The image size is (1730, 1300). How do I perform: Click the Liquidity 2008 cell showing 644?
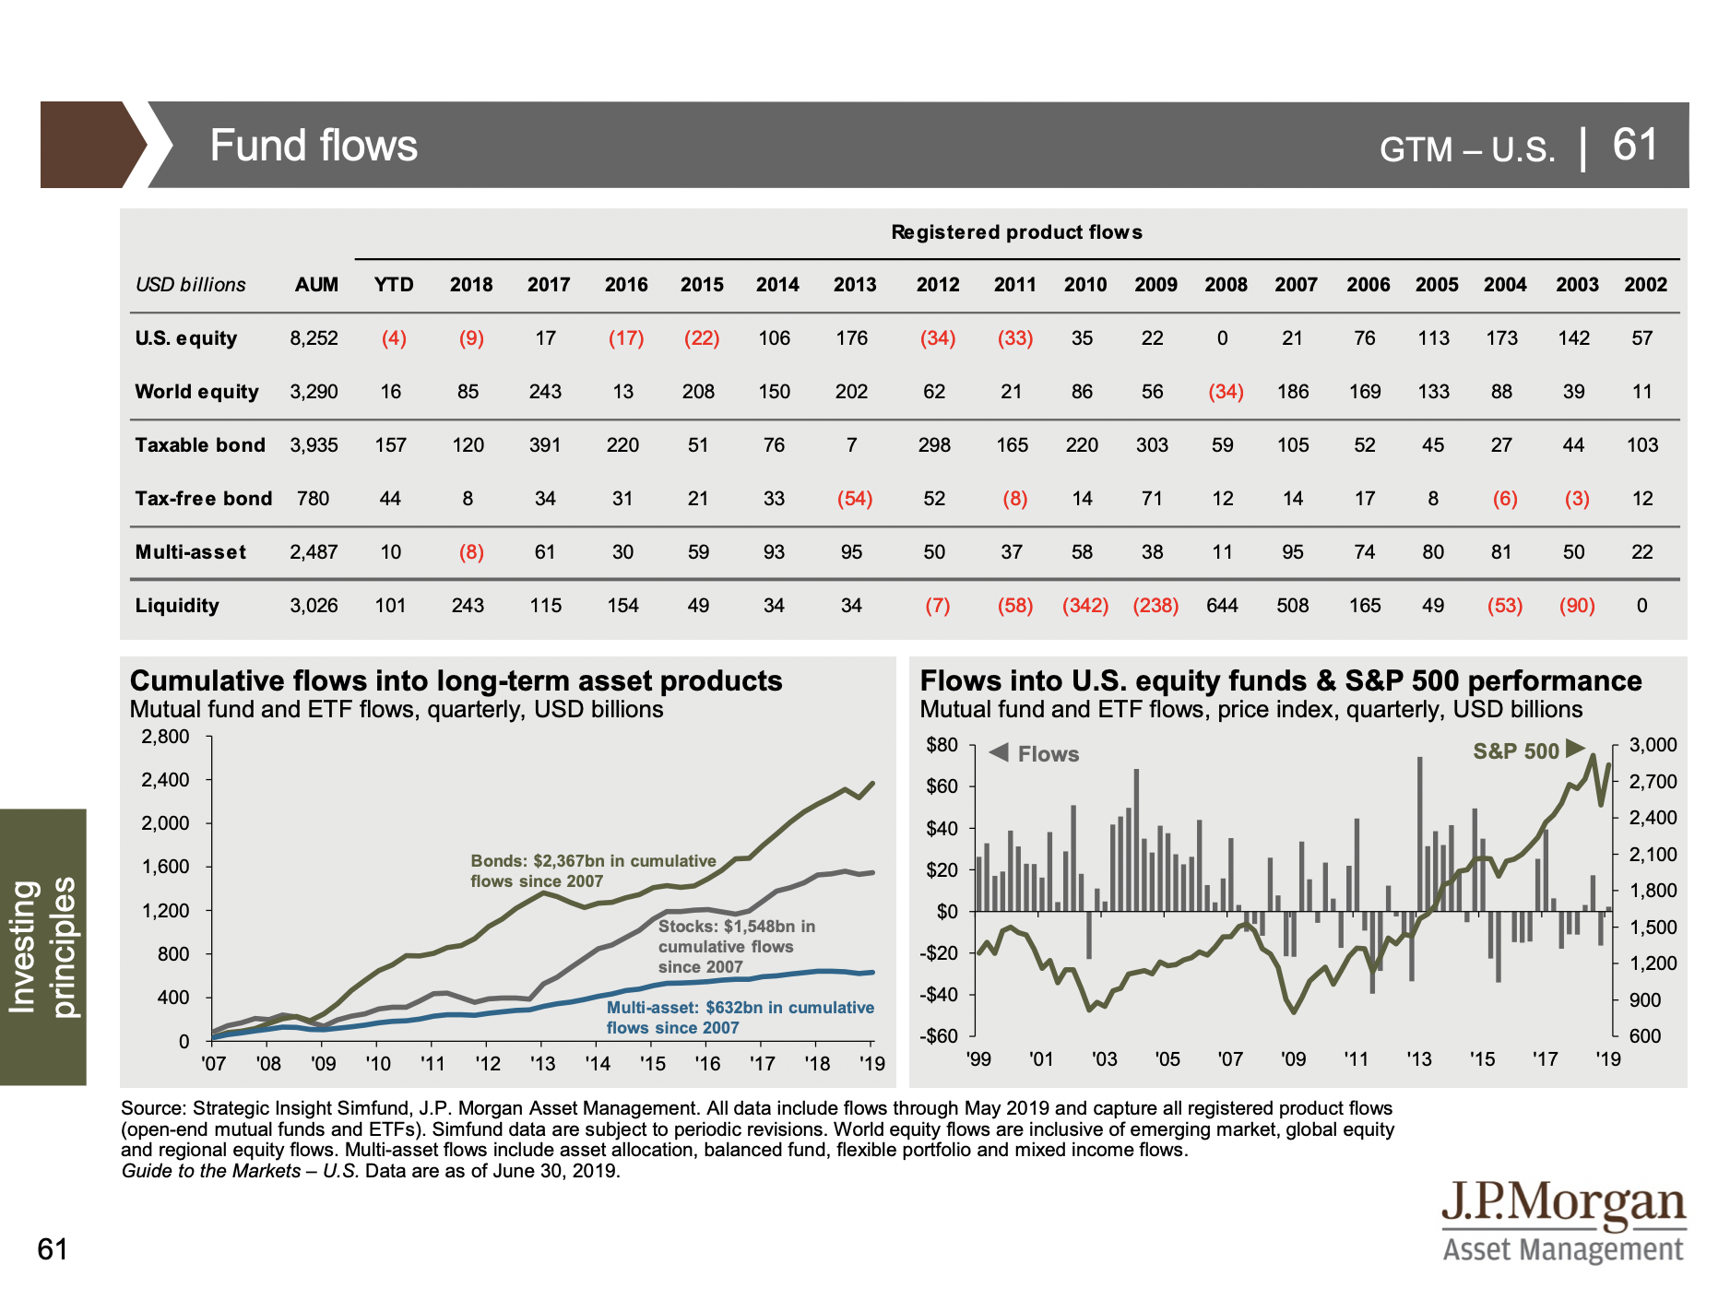point(1222,606)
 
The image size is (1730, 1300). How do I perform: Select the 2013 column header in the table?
point(855,285)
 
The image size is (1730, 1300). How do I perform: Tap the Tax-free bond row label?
point(204,499)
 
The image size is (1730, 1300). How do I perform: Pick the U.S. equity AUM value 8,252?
point(314,338)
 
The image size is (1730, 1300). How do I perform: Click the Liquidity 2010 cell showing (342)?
point(1085,606)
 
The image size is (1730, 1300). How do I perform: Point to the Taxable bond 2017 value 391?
point(545,445)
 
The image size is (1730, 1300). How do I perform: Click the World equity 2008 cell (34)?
point(1226,392)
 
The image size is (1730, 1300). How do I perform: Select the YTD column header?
point(394,285)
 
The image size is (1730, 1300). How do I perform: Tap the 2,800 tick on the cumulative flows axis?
point(165,737)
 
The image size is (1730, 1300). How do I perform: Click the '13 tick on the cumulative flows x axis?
point(542,1063)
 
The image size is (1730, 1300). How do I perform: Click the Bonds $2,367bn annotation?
point(593,870)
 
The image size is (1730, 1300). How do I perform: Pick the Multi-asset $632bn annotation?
point(740,1017)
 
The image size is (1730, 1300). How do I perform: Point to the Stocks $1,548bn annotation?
point(736,946)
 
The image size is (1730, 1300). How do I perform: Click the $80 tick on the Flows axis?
point(942,745)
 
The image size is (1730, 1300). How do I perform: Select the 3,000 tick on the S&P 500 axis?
point(1653,745)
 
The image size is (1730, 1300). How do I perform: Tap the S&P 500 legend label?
point(1515,751)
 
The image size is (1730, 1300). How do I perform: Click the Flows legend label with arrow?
point(1034,753)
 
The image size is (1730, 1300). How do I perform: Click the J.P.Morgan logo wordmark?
point(1564,1203)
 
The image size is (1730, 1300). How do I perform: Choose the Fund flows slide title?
point(314,146)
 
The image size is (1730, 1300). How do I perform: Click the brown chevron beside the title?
point(93,145)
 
